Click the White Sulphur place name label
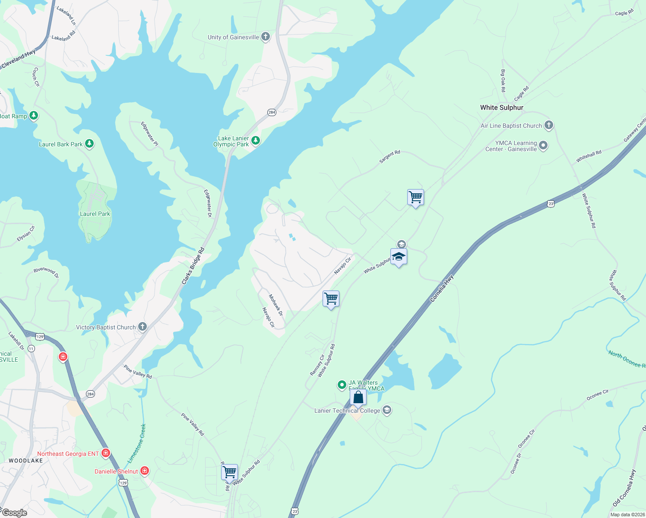pos(502,107)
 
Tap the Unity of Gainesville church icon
pos(266,37)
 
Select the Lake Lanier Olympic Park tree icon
pos(256,141)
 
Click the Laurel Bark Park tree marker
pos(89,144)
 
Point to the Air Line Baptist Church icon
pos(548,126)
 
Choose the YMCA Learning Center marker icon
pos(544,146)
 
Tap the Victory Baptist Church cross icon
pos(142,327)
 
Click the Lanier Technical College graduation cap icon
pos(387,410)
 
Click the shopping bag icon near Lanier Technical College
pos(358,397)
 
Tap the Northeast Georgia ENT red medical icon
pos(106,454)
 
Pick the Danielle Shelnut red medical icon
pos(145,471)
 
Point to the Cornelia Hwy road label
pos(442,288)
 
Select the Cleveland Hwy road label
pos(19,60)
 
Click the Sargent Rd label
pos(389,157)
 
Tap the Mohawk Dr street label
pos(275,305)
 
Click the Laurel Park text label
pos(95,214)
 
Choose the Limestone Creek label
pos(137,443)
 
